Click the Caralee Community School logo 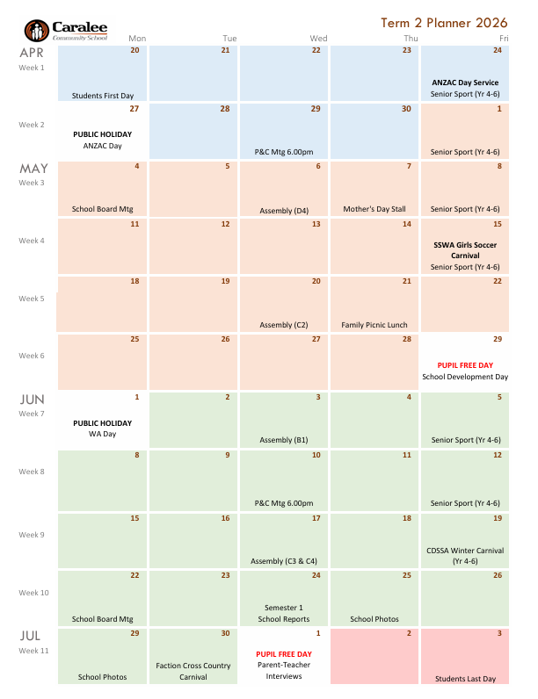[x=67, y=30]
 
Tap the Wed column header [x=318, y=39]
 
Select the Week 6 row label [x=32, y=356]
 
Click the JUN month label [x=33, y=400]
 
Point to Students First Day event [x=103, y=95]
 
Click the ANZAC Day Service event [x=465, y=83]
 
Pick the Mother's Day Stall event [x=374, y=209]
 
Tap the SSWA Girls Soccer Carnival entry [x=465, y=250]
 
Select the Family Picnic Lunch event [x=374, y=325]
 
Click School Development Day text [x=465, y=377]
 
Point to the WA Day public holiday [x=103, y=434]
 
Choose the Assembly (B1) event [x=283, y=440]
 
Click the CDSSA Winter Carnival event [x=465, y=555]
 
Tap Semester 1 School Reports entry [x=283, y=613]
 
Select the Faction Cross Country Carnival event [x=193, y=671]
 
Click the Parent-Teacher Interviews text [x=283, y=671]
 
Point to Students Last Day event [x=465, y=679]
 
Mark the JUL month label [x=32, y=634]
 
